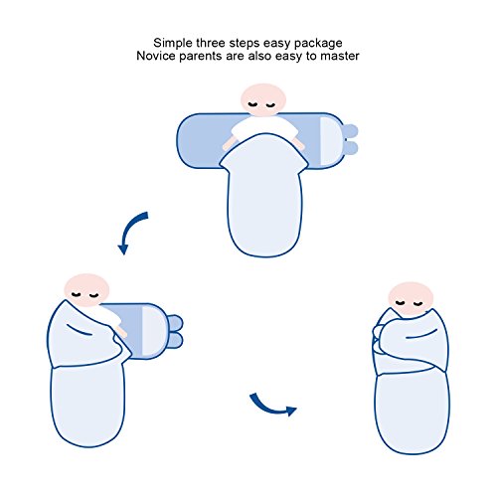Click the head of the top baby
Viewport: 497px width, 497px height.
pyautogui.click(x=263, y=99)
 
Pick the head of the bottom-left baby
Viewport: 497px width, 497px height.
pyautogui.click(x=86, y=290)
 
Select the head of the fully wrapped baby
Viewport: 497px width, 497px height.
pyautogui.click(x=411, y=299)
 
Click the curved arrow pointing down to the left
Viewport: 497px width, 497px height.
pyautogui.click(x=130, y=230)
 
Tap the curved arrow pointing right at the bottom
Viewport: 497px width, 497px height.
pyautogui.click(x=270, y=406)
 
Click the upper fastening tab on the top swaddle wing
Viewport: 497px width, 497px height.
pyautogui.click(x=350, y=131)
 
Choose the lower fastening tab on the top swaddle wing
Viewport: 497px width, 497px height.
pyautogui.click(x=351, y=148)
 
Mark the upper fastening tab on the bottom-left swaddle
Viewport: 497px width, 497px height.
pyautogui.click(x=175, y=323)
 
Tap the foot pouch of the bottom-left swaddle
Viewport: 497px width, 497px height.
pyautogui.click(x=87, y=406)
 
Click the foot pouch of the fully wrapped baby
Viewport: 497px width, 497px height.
pyautogui.click(x=413, y=413)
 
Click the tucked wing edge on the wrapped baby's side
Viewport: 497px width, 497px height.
pyautogui.click(x=378, y=345)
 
